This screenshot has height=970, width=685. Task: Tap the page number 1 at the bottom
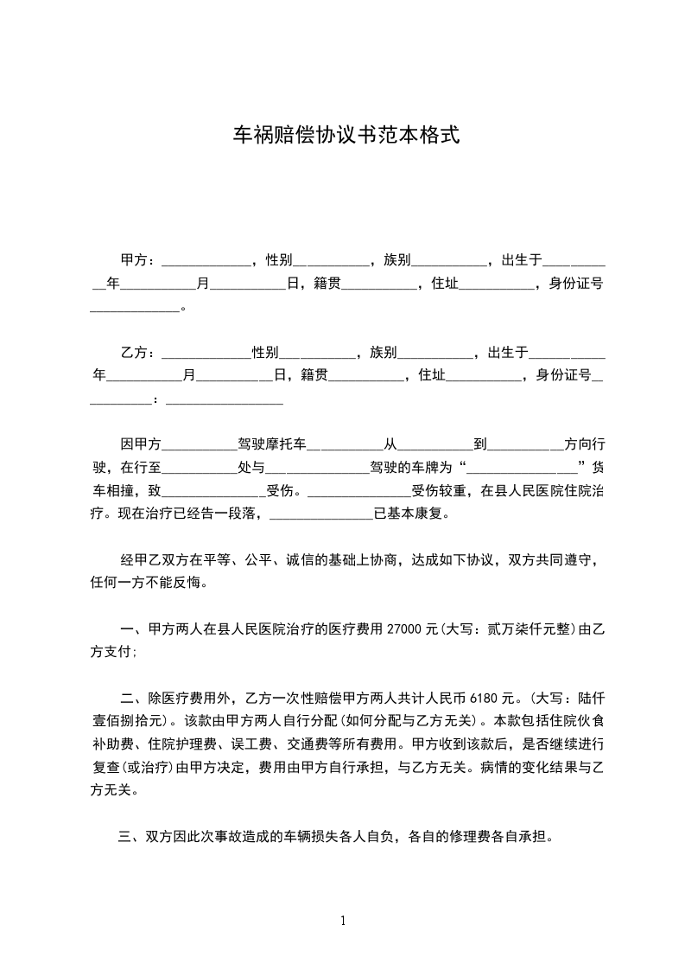[343, 921]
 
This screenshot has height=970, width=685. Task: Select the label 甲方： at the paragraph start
[138, 260]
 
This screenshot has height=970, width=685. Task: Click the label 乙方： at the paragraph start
[138, 353]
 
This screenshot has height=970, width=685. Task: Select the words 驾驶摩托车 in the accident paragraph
[272, 445]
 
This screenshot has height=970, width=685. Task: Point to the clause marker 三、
[130, 837]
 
